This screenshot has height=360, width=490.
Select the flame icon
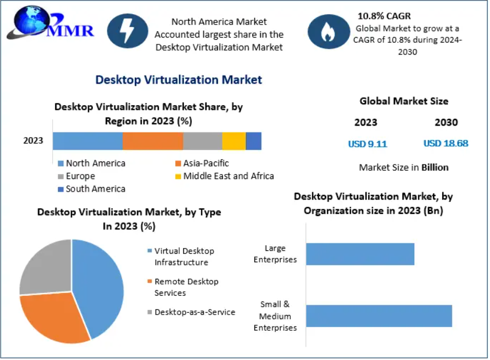328,32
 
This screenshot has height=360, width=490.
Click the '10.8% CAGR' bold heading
384,16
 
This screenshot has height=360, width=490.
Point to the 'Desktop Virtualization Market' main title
179,80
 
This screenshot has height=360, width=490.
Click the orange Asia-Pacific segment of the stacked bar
153,141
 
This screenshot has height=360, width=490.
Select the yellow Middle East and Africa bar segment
233,141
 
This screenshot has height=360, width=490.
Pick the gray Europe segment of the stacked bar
202,141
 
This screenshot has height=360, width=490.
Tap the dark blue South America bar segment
253,141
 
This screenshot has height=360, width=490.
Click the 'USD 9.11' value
368,144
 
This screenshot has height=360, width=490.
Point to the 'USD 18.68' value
446,143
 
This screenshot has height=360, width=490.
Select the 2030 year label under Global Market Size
446,122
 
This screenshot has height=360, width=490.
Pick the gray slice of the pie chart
46,267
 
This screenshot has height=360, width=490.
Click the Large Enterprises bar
360,254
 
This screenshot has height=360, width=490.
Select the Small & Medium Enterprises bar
378,316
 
